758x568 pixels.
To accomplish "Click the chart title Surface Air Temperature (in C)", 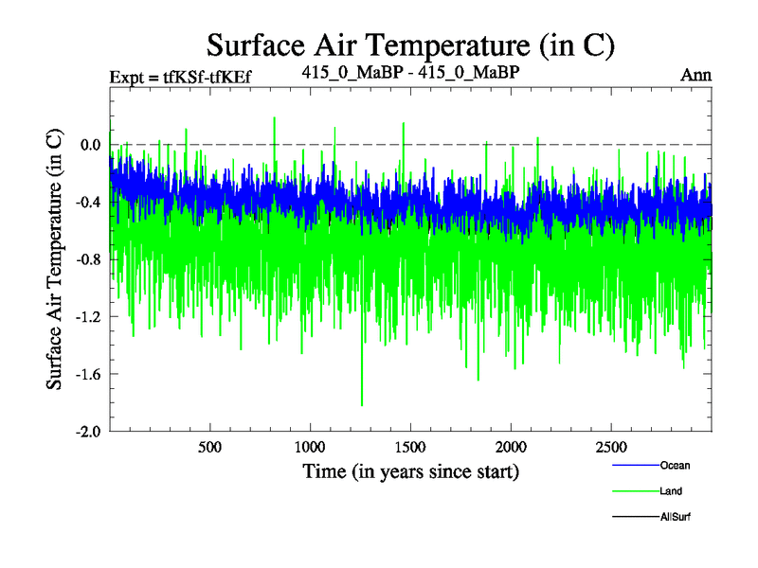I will coord(412,44).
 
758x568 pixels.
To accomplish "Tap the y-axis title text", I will coord(55,257).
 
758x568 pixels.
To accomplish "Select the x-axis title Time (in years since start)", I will coord(410,470).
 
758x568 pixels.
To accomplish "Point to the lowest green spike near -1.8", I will coord(362,404).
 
